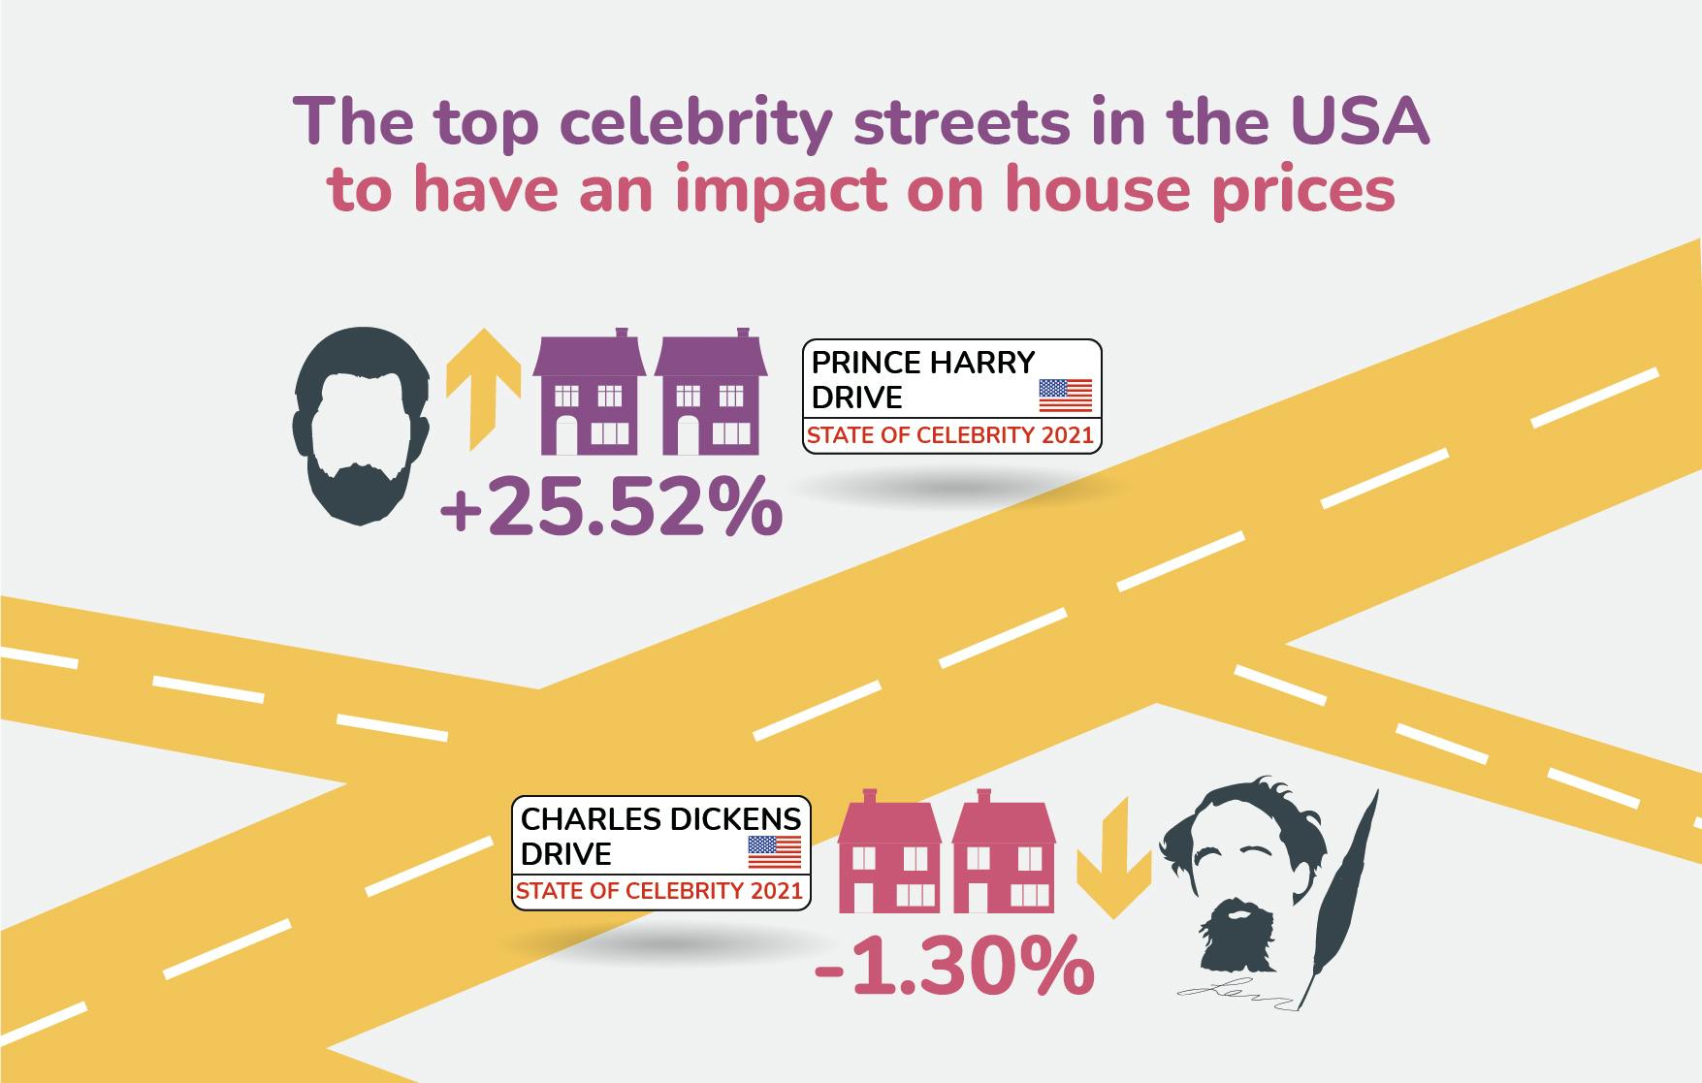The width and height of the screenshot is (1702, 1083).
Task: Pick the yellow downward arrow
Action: (1113, 858)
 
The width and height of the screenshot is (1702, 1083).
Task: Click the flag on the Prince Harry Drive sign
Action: (1065, 396)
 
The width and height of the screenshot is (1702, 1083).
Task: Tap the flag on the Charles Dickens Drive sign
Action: (775, 851)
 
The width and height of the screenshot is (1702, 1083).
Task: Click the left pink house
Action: (888, 853)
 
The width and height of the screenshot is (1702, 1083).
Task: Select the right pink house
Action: (1004, 853)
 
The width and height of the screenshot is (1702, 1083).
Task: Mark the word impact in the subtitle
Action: (782, 190)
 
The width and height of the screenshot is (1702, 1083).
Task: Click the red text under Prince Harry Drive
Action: (950, 435)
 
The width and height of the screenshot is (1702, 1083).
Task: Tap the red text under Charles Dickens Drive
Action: (659, 891)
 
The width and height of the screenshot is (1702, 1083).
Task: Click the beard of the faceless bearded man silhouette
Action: (361, 490)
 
